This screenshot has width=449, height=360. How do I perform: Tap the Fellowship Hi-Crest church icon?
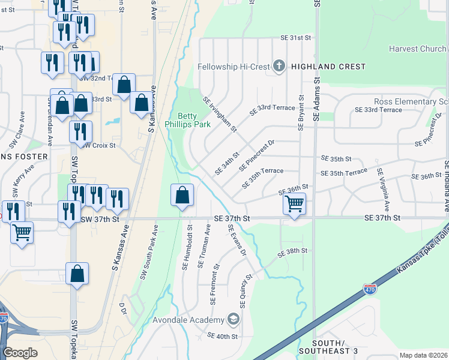[x=279, y=67]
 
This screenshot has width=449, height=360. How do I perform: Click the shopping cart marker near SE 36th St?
[x=294, y=204]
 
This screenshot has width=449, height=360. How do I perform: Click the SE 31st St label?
[x=297, y=37]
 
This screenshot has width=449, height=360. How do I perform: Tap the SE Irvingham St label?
[x=220, y=114]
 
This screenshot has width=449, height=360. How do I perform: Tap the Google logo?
[x=20, y=352]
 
